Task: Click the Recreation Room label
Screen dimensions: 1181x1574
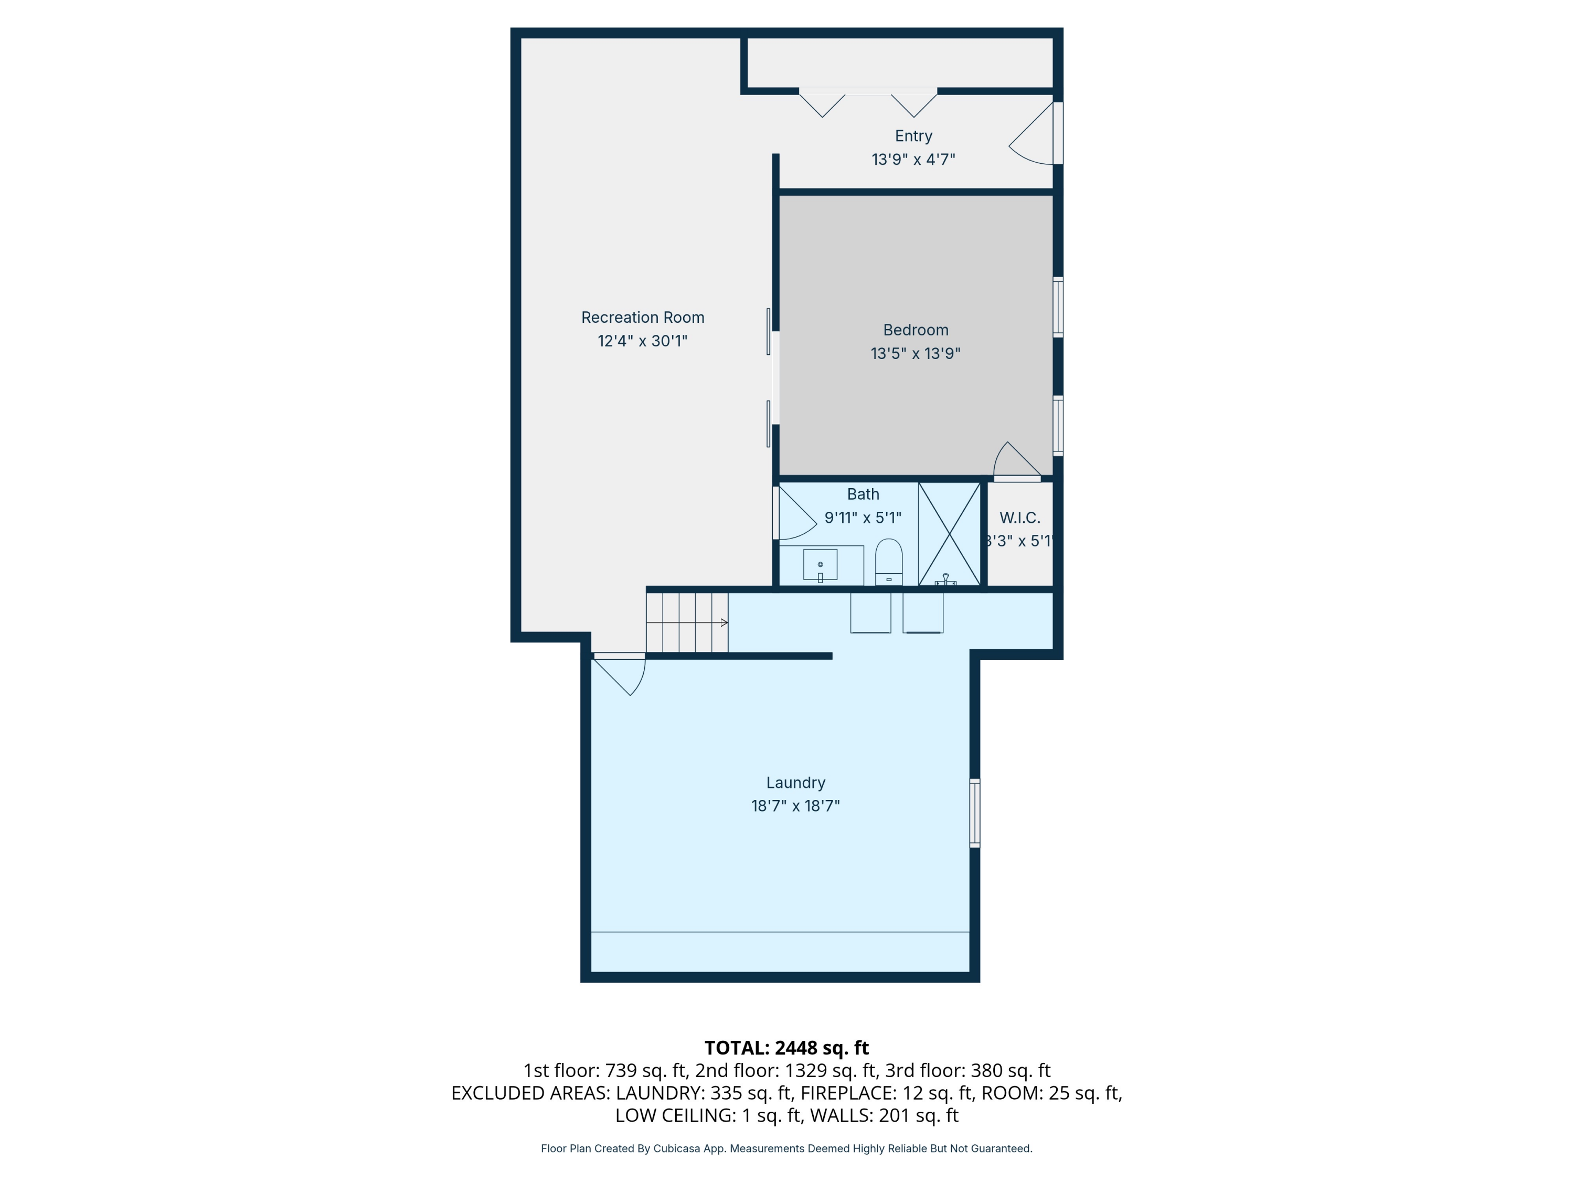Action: [x=643, y=318]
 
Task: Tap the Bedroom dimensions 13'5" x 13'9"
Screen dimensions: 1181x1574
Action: [x=915, y=353]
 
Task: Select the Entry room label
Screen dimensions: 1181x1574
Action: [x=913, y=136]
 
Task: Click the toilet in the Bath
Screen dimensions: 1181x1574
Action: [x=889, y=562]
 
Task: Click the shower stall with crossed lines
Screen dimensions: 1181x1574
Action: [x=949, y=534]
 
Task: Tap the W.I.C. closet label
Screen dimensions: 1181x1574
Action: [x=1019, y=518]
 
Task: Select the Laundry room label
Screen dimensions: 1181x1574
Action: [x=795, y=783]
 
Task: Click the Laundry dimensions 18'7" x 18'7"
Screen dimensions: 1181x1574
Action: [x=795, y=806]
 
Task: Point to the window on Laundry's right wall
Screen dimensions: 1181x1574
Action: [x=975, y=813]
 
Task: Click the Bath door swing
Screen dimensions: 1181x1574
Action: [x=795, y=514]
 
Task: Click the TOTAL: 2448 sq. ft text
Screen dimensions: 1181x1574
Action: [x=786, y=1048]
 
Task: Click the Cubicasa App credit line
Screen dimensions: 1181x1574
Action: [x=786, y=1148]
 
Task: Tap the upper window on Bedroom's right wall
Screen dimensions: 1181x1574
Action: [x=1058, y=307]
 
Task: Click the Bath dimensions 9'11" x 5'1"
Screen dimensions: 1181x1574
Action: [x=863, y=518]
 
